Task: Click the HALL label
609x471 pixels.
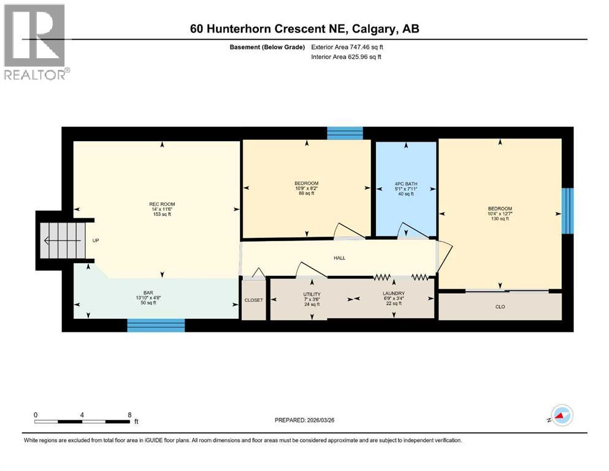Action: tap(339, 258)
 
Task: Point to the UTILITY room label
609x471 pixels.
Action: tap(312, 294)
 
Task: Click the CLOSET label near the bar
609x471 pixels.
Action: tap(253, 301)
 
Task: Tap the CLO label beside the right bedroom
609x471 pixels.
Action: tap(500, 307)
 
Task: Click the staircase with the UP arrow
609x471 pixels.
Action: tap(61, 240)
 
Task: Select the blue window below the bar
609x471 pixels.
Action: tap(156, 326)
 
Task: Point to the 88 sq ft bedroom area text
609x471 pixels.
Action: tap(307, 193)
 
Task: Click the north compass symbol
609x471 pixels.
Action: tap(561, 416)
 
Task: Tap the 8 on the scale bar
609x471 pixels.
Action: tap(129, 415)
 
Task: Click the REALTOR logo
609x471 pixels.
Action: tap(35, 42)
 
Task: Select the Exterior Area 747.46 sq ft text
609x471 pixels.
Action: tap(348, 47)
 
